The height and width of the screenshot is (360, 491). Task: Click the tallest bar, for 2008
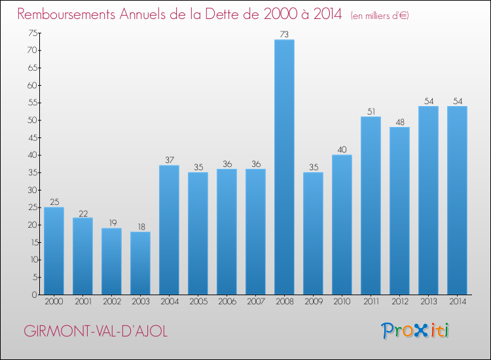pos(284,167)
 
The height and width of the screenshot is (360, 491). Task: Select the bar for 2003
pos(140,263)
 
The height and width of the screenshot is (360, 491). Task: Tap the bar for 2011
pos(371,206)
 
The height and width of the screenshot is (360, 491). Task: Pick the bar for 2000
pos(54,251)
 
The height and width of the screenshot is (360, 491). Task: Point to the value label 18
pos(140,226)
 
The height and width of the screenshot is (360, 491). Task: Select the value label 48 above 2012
pos(399,122)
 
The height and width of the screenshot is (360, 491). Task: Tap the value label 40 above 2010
pos(342,150)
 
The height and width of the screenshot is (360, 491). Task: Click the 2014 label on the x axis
pos(457,302)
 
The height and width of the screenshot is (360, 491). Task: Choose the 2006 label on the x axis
pos(227,302)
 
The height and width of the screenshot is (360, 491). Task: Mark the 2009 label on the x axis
pos(313,302)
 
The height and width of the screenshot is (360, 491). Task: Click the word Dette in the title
pos(240,14)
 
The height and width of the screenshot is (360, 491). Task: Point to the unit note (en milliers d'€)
pos(380,15)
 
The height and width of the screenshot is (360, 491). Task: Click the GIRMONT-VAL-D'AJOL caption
pos(96,331)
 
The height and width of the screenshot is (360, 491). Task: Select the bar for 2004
pos(169,230)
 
